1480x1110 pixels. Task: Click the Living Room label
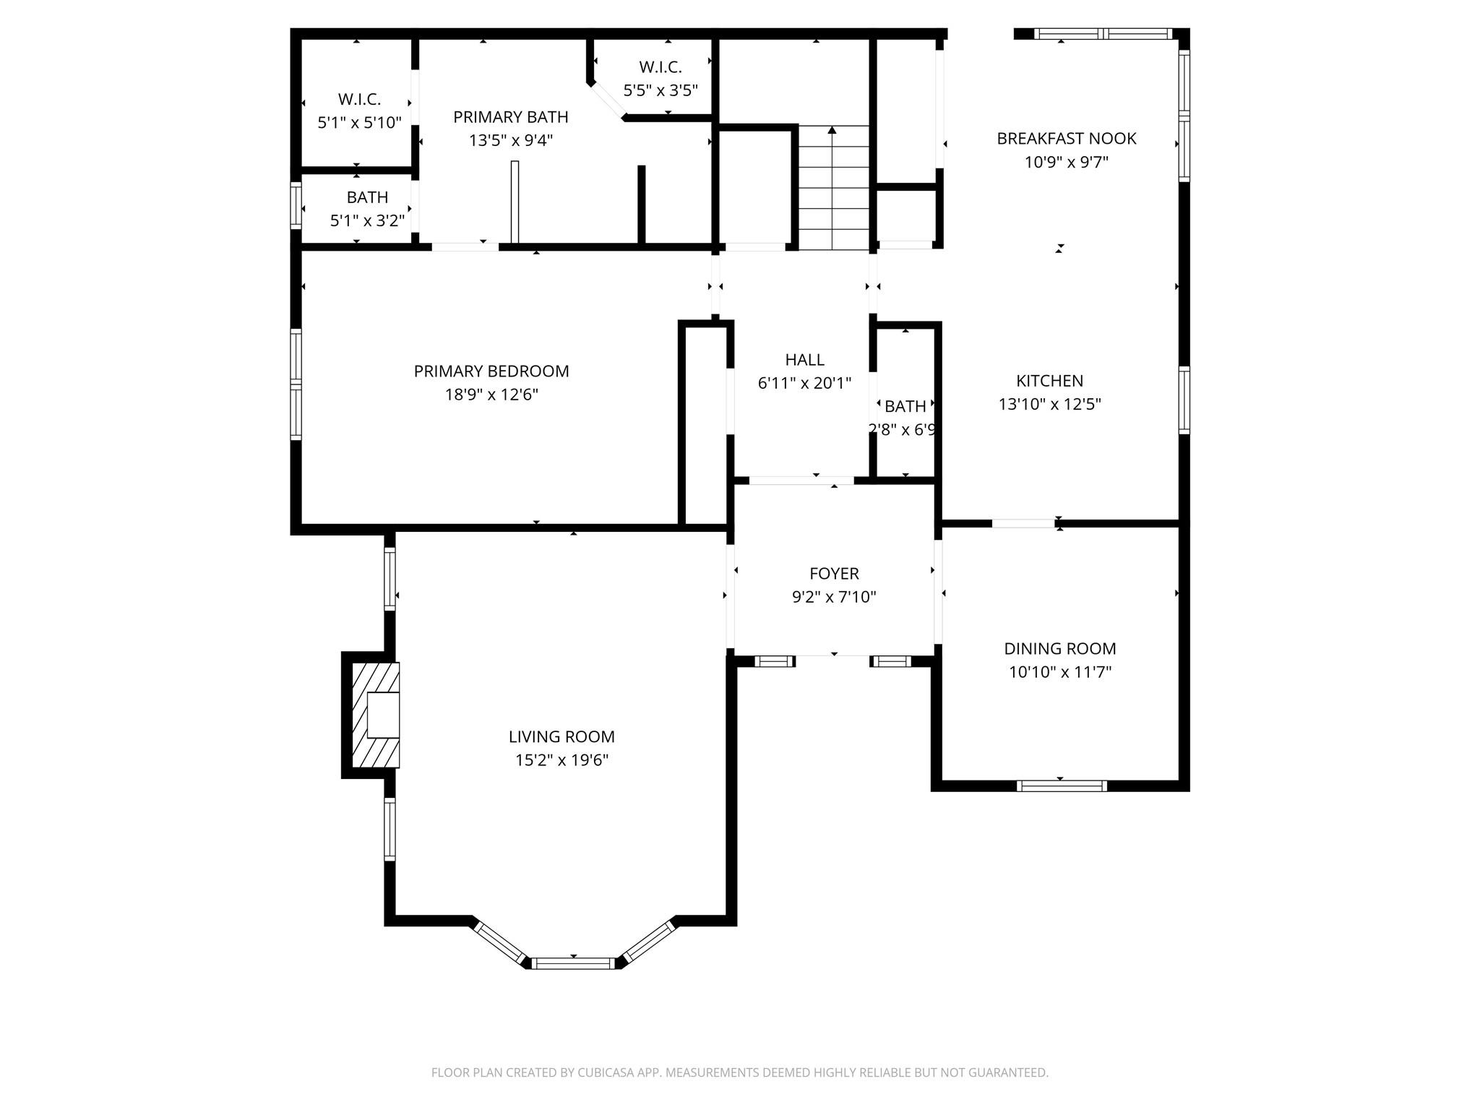[x=562, y=736]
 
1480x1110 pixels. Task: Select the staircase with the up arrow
[x=833, y=188]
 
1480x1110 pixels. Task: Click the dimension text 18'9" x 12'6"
[x=491, y=395]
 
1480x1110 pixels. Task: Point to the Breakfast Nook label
[x=1066, y=138]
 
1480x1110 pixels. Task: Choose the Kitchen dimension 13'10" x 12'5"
[x=1049, y=404]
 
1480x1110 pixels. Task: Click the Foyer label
[x=834, y=573]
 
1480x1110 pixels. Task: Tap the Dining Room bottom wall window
[x=1061, y=786]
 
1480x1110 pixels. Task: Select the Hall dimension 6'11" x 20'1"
[x=804, y=383]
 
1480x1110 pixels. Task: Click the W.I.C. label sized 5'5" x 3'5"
[x=660, y=67]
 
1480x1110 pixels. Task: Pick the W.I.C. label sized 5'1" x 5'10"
[x=359, y=99]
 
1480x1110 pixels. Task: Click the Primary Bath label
[x=510, y=116]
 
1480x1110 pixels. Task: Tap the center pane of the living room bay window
[x=573, y=963]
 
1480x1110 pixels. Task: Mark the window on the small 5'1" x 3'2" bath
[x=296, y=206]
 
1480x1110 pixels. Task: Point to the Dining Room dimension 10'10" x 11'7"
[x=1059, y=672]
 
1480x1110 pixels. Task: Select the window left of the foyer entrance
[x=775, y=661]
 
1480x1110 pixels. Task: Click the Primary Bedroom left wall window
[x=296, y=384]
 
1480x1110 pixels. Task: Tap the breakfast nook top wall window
[x=1102, y=33]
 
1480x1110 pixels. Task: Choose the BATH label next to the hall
[x=905, y=406]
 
